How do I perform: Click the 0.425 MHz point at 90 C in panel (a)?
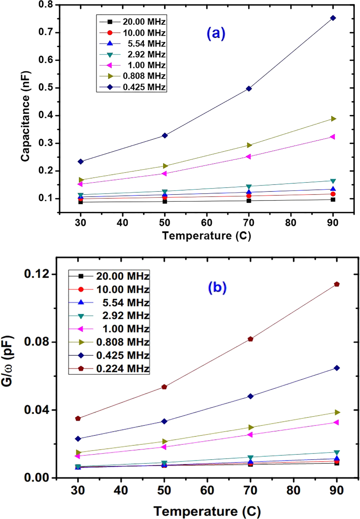333,18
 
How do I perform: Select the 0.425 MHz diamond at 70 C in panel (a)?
249,89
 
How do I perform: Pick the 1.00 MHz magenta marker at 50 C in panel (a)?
164,174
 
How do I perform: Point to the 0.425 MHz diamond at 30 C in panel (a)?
80,162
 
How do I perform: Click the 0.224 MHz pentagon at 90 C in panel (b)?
337,284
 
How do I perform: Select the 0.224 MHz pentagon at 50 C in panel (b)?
164,387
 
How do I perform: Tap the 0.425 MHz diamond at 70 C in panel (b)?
251,396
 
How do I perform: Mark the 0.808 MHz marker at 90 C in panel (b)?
337,412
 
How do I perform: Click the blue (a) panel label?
216,34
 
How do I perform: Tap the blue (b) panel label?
217,288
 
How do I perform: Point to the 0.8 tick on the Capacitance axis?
46,5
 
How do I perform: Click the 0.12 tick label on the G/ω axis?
37,274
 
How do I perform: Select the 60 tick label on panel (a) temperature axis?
206,223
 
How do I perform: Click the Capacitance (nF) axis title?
25,116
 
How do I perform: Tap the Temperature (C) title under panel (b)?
207,511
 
